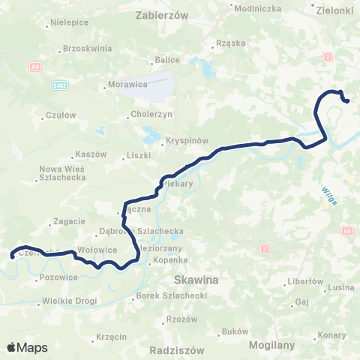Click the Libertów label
point(305,282)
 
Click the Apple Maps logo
point(28,347)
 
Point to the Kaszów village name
point(91,154)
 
